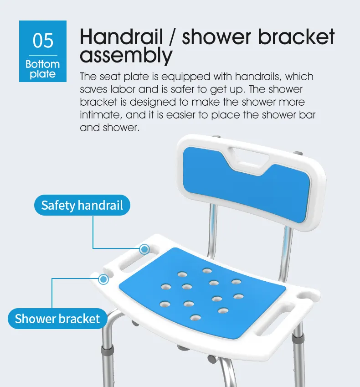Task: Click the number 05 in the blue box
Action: coord(43,41)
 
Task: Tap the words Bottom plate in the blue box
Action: coord(43,69)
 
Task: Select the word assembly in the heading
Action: coord(126,56)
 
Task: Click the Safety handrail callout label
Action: coord(82,205)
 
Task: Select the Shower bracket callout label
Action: coord(57,319)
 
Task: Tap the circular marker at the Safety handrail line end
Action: coord(144,249)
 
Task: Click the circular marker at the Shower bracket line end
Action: coord(104,279)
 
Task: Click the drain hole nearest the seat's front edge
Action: coord(195,318)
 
